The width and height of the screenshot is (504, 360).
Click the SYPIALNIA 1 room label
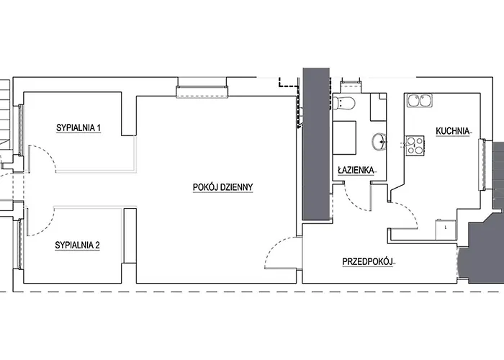78,128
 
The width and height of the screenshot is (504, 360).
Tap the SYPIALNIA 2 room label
78,246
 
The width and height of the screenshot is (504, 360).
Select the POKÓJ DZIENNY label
222,187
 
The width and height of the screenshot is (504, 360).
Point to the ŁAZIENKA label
356,170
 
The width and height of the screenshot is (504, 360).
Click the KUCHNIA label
453,131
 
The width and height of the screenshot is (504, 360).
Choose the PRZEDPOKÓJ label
368,262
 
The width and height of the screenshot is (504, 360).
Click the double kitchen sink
420,100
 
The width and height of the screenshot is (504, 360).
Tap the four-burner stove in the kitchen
415,145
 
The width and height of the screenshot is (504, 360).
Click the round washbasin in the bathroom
379,141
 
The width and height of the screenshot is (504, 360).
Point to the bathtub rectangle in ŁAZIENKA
344,138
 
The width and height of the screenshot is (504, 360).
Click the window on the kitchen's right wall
483,165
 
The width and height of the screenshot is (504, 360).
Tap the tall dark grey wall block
317,144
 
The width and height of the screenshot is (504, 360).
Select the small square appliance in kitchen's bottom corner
446,230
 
